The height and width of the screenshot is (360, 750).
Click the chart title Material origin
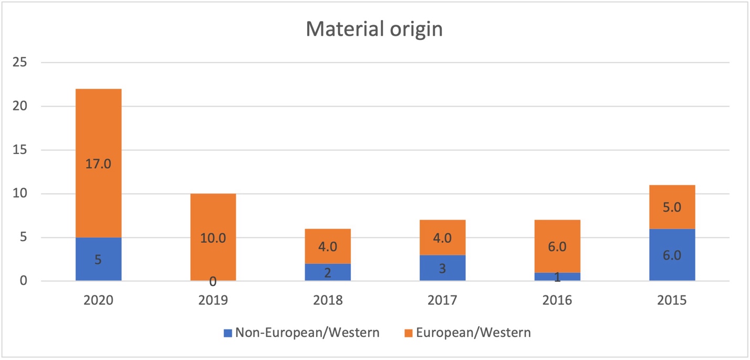click(374, 29)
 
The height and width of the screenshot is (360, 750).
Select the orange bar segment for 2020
click(98, 131)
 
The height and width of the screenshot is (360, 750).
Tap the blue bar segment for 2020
click(98, 259)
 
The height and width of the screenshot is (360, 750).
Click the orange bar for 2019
click(213, 215)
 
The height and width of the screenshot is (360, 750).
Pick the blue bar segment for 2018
click(328, 272)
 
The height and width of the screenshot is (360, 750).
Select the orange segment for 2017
click(442, 238)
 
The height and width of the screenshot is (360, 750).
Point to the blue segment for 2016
click(557, 276)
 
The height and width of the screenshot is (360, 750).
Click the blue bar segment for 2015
click(672, 255)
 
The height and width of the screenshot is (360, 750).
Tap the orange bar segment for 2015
click(672, 207)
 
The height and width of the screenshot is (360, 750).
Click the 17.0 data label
click(98, 164)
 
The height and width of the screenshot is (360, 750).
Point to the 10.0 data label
click(213, 238)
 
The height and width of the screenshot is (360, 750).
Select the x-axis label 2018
click(328, 301)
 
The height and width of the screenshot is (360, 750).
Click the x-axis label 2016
click(557, 301)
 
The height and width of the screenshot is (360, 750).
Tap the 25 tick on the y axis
click(20, 63)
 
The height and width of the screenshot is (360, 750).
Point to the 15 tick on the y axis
click(20, 150)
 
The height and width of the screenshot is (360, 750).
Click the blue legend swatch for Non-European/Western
click(227, 333)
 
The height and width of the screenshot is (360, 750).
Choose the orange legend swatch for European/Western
click(408, 333)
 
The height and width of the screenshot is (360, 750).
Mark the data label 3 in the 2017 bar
click(442, 269)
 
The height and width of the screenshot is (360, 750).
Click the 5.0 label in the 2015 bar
click(672, 207)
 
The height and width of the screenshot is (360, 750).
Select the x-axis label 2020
click(98, 301)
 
